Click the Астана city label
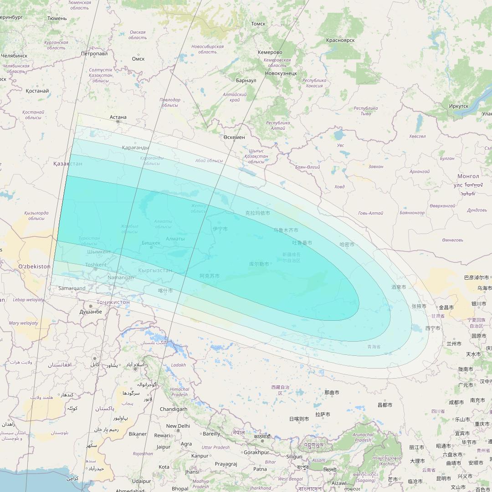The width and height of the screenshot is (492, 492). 118,117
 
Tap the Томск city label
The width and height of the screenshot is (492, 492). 258,24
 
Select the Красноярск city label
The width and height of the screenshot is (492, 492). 340,40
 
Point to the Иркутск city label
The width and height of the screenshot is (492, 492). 458,106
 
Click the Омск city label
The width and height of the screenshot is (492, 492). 138,59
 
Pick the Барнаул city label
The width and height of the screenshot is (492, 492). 246,81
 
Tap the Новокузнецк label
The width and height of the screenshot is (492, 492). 281,73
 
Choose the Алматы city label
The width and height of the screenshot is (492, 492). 175,239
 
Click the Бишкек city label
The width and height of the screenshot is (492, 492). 151,243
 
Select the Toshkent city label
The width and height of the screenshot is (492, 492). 96,265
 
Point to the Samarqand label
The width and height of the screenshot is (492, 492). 72,288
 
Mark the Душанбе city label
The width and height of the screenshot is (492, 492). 91,312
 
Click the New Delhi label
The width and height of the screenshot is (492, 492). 178,426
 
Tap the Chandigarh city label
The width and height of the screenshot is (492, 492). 174,409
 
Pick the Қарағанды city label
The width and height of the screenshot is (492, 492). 135,148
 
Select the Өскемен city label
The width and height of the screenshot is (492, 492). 234,137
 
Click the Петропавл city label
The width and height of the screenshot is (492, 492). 94,54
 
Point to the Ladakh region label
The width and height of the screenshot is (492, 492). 179,365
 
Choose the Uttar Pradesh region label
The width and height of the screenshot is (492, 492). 215,447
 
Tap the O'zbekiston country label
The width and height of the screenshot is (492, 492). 34,266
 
